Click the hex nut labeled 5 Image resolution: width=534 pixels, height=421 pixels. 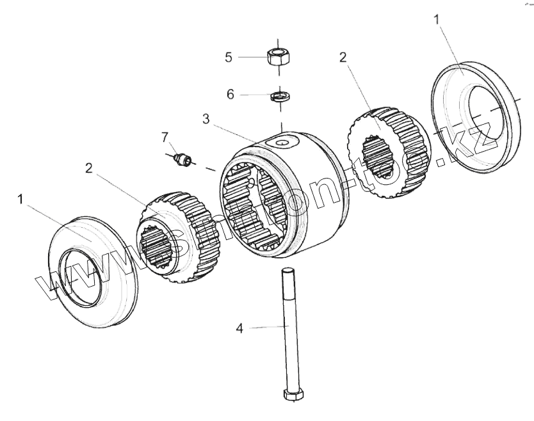click(277, 54)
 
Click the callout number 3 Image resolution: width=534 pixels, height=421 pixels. click(206, 118)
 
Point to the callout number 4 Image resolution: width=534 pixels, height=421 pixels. click(239, 328)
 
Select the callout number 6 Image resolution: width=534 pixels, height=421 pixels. click(231, 94)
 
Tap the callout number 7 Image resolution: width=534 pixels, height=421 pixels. click(165, 136)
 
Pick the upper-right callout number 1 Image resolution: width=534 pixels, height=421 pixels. click(437, 20)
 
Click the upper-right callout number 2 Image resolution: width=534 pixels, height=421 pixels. click(343, 57)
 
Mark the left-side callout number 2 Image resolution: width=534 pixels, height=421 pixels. click(89, 168)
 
